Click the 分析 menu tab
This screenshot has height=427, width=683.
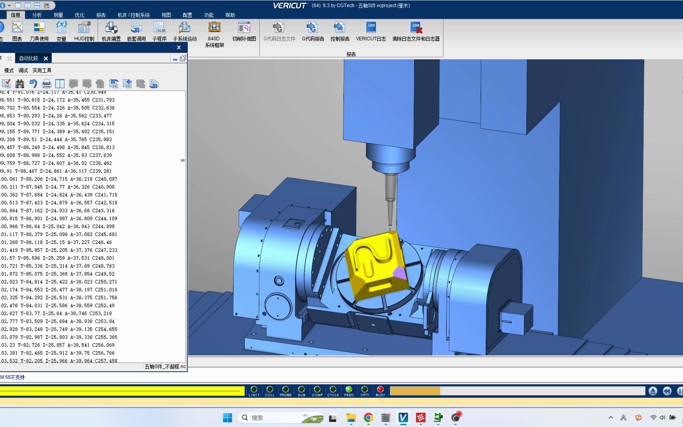[37, 15]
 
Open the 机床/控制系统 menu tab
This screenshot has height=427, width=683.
[134, 15]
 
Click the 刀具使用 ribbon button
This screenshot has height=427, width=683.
[39, 31]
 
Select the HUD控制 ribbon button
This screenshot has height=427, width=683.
[84, 31]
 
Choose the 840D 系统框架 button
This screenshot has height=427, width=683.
[214, 33]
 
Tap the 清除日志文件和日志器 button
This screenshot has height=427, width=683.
[416, 31]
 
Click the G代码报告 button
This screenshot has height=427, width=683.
[313, 31]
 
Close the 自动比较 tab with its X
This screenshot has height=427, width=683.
[46, 59]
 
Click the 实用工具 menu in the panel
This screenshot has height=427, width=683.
[42, 70]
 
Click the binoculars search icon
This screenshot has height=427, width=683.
[20, 84]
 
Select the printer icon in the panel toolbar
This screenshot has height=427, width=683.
[47, 84]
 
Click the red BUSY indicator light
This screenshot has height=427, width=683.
[380, 389]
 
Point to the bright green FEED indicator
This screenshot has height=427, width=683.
[349, 389]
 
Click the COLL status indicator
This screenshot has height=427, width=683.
[270, 389]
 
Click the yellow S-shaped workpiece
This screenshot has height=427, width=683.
[372, 263]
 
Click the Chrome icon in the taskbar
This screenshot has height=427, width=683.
[368, 418]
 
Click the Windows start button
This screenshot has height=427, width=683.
[228, 418]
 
